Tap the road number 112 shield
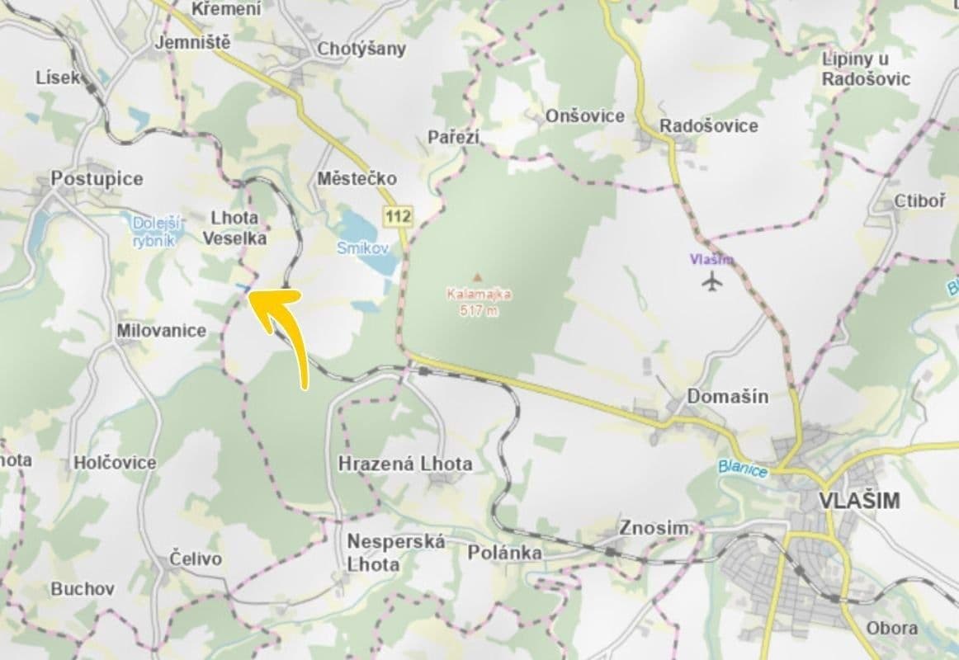click(x=397, y=216)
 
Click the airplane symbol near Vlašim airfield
click(x=711, y=282)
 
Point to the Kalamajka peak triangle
click(x=476, y=277)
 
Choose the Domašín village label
click(x=728, y=396)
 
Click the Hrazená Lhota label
click(x=405, y=464)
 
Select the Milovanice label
click(x=161, y=330)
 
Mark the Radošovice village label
click(x=708, y=125)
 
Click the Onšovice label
click(x=585, y=115)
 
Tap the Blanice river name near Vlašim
click(x=742, y=468)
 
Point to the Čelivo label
click(x=196, y=559)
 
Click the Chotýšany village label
click(x=362, y=49)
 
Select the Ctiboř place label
click(x=919, y=202)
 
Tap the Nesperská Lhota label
click(x=396, y=553)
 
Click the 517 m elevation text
click(x=479, y=310)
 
